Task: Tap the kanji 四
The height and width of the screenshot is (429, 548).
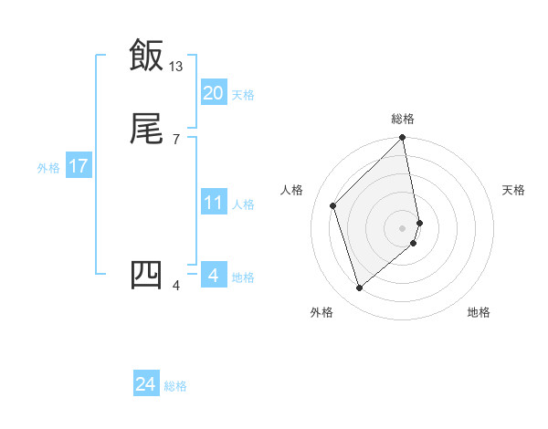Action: coord(146,274)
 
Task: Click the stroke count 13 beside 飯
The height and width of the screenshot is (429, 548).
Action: coord(176,66)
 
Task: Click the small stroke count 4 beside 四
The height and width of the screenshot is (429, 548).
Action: coord(175,286)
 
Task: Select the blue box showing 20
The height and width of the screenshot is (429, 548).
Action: coord(213,93)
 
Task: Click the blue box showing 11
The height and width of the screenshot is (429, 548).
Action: coord(213,203)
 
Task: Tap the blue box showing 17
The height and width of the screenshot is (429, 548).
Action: coord(78,166)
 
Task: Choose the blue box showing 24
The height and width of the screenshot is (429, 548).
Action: coord(146,384)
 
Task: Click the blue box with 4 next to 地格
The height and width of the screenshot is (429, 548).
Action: coord(213,276)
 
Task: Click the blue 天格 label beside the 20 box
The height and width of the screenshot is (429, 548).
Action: coord(243,95)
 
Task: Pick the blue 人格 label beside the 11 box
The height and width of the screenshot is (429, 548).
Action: coord(243,204)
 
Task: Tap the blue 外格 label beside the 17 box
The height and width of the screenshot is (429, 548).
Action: coord(48,168)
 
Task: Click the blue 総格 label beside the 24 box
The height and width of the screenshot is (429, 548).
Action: coord(175,386)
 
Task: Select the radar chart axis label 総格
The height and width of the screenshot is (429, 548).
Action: coord(403,119)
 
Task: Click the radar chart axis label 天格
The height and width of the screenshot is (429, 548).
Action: coord(513,190)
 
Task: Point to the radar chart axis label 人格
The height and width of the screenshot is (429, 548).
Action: coord(292,190)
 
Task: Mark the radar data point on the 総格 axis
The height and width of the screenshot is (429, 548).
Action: coord(403,138)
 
